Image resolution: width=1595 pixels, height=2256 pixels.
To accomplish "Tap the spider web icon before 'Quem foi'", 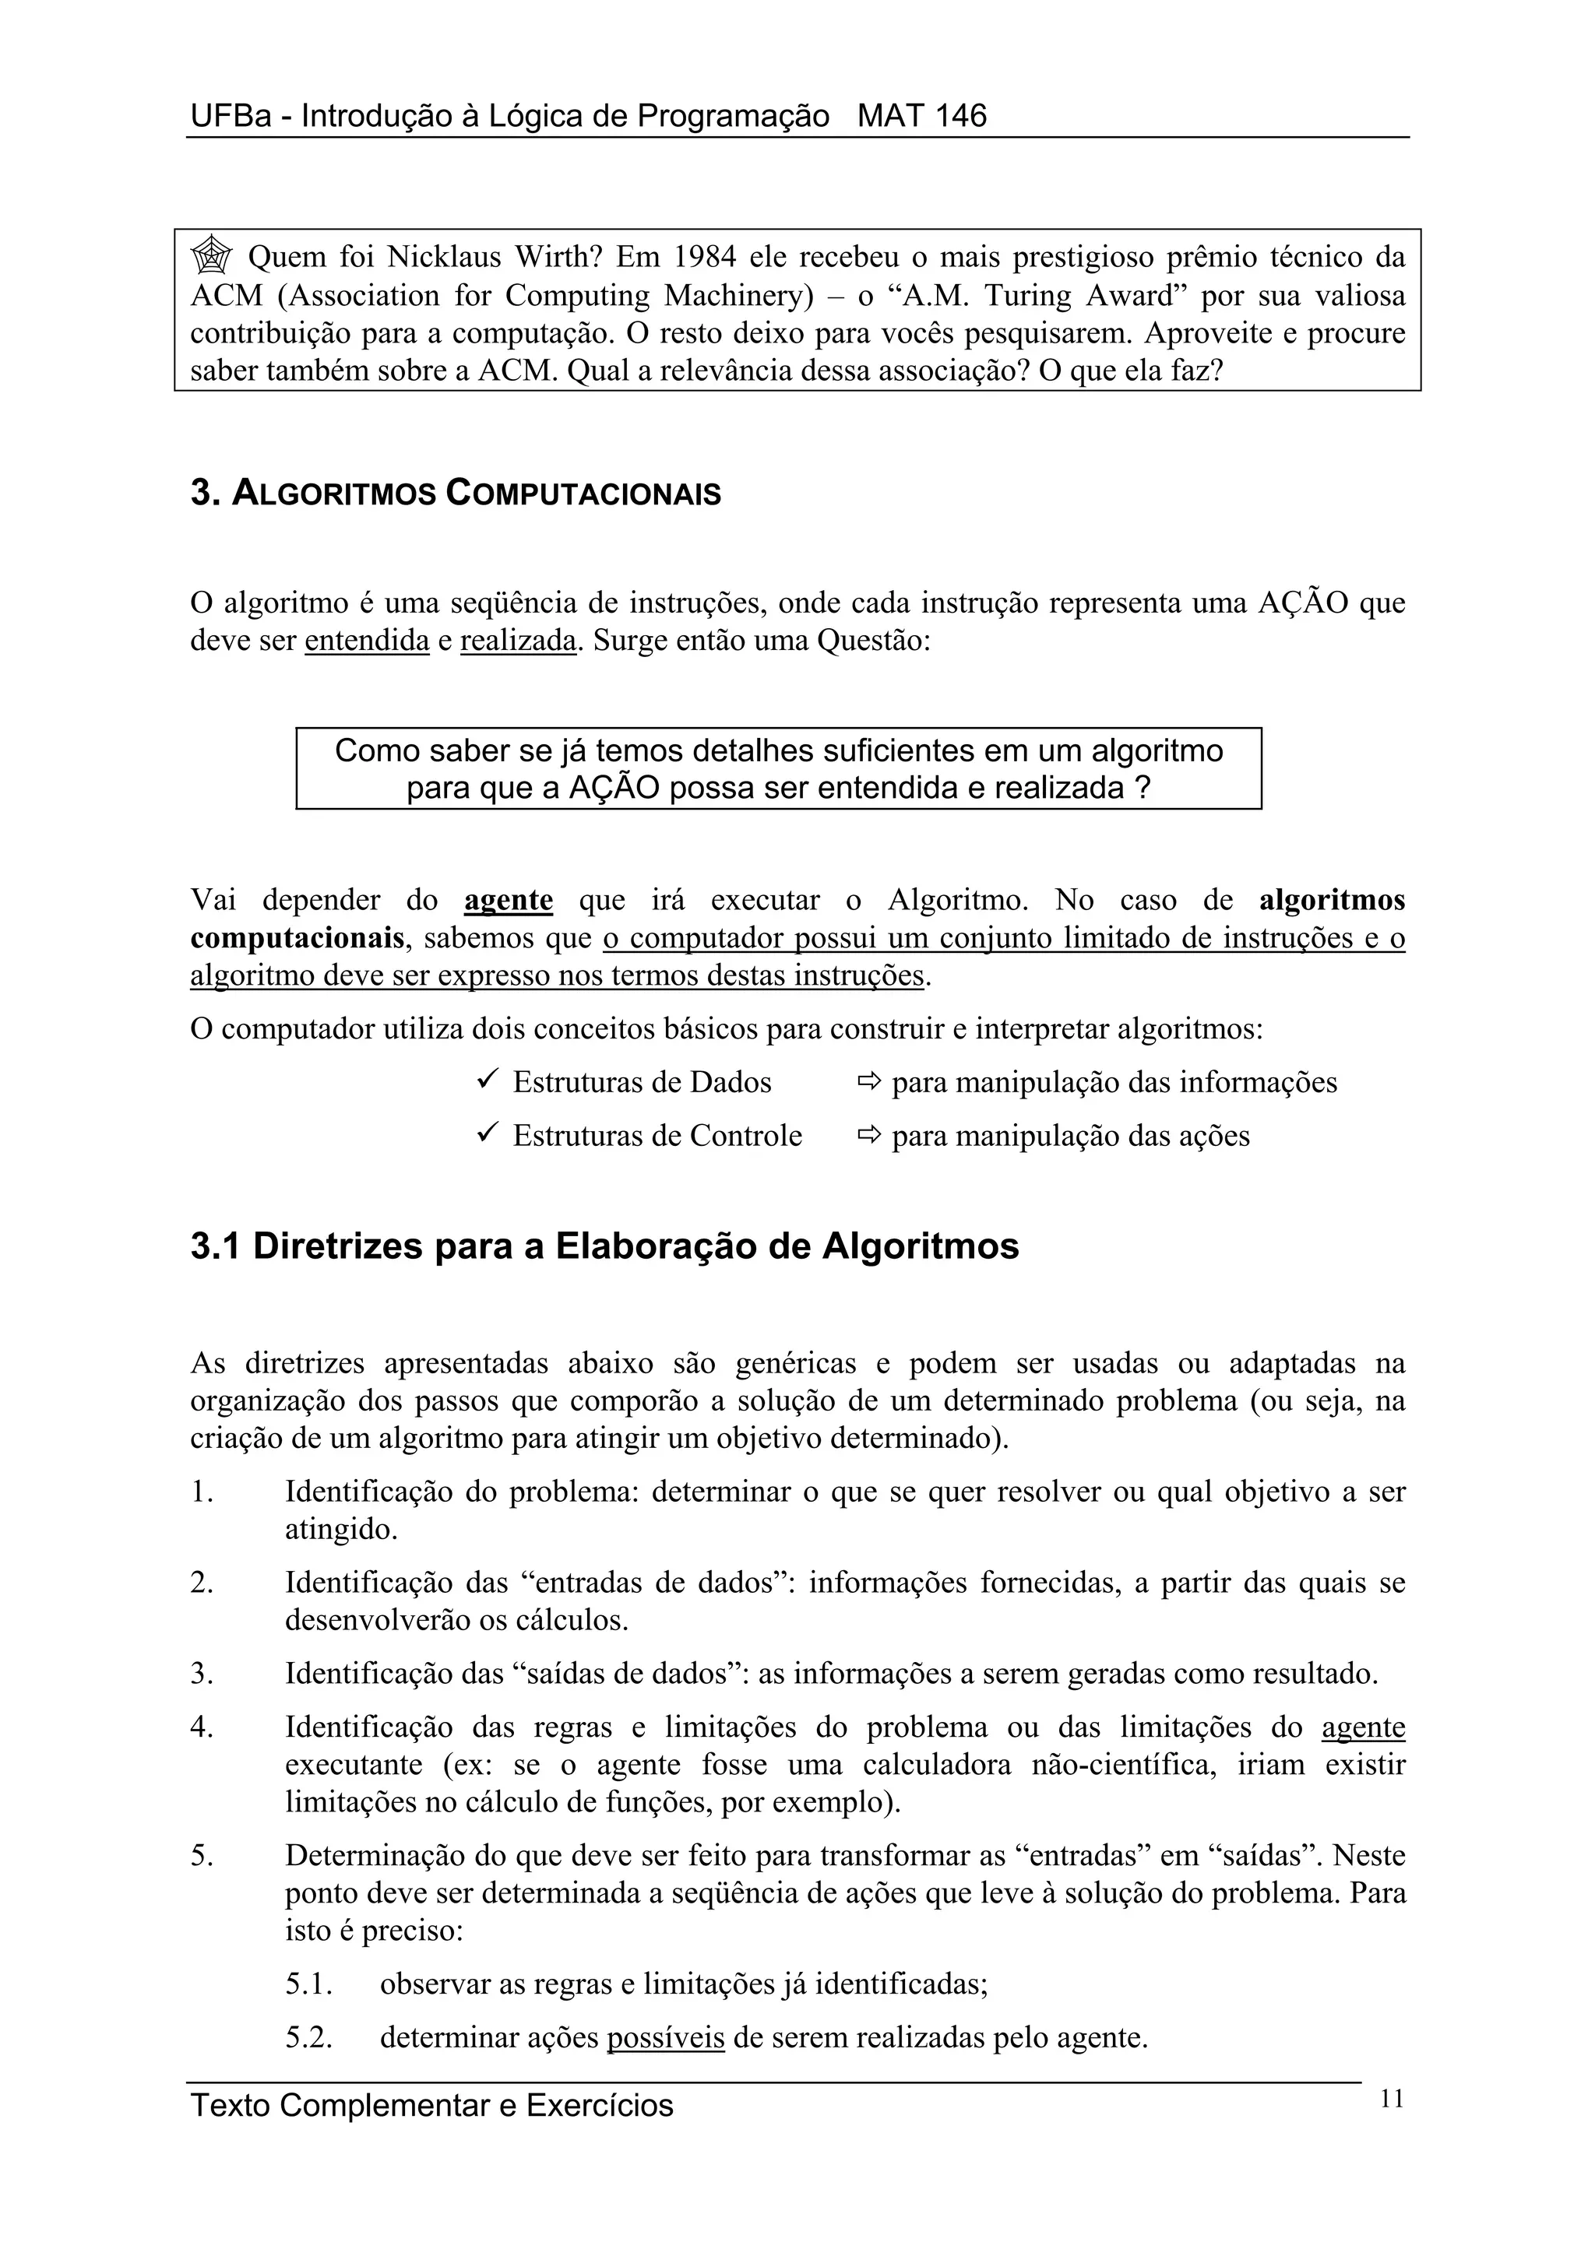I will pyautogui.click(x=210, y=258).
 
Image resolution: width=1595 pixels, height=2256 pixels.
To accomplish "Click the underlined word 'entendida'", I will pyautogui.click(x=367, y=641).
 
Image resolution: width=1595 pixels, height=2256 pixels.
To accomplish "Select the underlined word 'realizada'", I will pyautogui.click(x=517, y=641).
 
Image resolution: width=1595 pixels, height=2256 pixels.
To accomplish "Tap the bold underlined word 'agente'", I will pyautogui.click(x=507, y=900).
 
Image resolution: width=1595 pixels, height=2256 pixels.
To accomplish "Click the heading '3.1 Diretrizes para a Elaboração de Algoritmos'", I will pyautogui.click(x=604, y=1247).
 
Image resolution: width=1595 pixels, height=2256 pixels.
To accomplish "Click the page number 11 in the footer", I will pyautogui.click(x=1392, y=2100).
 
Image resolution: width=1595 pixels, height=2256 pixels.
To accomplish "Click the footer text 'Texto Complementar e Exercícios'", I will pyautogui.click(x=431, y=2106).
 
